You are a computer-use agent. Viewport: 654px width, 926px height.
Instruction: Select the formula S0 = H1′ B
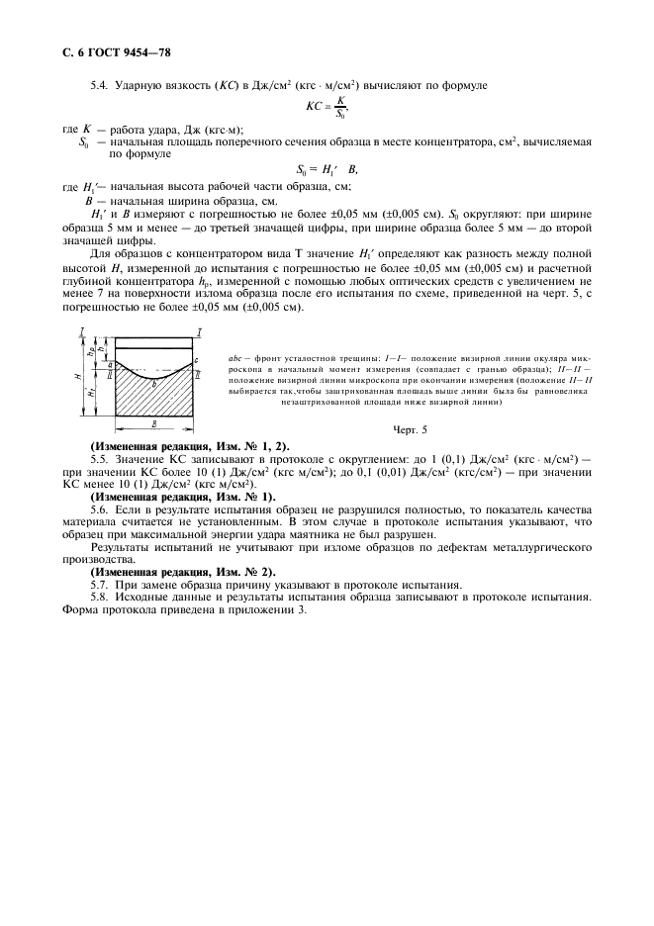pyautogui.click(x=326, y=169)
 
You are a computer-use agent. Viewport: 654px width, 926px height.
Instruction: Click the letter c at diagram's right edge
pyautogui.click(x=198, y=359)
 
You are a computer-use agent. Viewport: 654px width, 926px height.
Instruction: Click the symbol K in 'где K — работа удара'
pyautogui.click(x=87, y=130)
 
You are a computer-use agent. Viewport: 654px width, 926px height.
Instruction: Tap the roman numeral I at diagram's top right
pyautogui.click(x=200, y=330)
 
